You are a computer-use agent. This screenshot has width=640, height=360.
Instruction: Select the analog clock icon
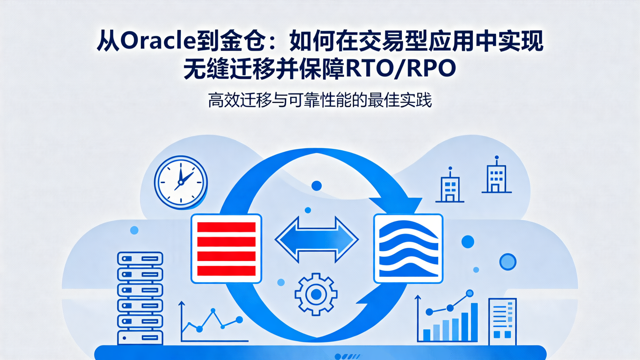(x=180, y=181)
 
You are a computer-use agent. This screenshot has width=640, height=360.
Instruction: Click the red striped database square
(x=226, y=248)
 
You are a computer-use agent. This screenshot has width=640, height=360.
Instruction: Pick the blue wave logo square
(x=408, y=248)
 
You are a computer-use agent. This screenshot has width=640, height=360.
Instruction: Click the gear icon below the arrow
(x=316, y=294)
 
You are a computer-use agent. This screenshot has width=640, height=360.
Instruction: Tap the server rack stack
(x=140, y=296)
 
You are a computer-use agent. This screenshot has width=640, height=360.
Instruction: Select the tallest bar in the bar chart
(x=474, y=322)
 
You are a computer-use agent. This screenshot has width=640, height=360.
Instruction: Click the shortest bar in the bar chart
(x=427, y=335)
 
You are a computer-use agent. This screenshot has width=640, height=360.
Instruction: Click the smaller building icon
(x=449, y=187)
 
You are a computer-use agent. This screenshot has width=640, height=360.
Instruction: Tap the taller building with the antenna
(x=496, y=177)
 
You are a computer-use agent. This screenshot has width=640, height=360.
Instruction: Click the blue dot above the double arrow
(x=316, y=185)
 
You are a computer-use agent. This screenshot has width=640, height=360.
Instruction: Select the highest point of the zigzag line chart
(x=213, y=310)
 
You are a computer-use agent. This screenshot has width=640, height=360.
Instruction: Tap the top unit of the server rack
(x=140, y=258)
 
